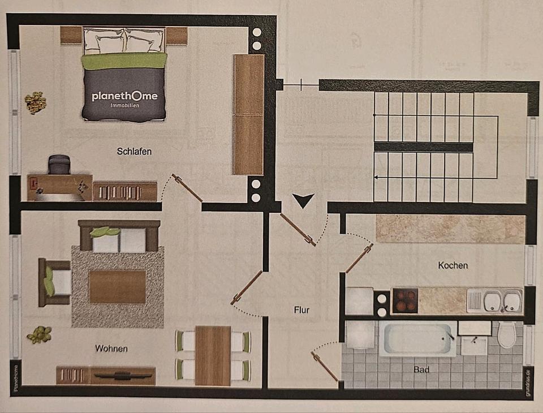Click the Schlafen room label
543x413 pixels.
pos(134,151)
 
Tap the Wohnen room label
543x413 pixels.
pos(111,349)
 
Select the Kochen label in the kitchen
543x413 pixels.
pos(453,265)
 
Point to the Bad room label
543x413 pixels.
pos(421,369)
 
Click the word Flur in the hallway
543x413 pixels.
pos(301,309)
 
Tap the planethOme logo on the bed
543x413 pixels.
pos(124,97)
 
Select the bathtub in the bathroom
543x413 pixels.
pos(417,339)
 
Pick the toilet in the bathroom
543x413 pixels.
pos(507,334)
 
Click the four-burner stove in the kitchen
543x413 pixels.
pos(404,300)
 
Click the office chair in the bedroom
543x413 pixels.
pos(59,165)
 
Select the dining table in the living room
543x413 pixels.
pos(213,355)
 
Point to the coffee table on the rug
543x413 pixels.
pos(118,286)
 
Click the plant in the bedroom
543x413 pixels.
pos(35,102)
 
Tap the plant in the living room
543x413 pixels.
pos(39,334)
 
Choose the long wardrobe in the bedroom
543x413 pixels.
pos(249,114)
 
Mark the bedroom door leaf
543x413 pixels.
pos(188,188)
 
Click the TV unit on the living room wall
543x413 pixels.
pos(122,375)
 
